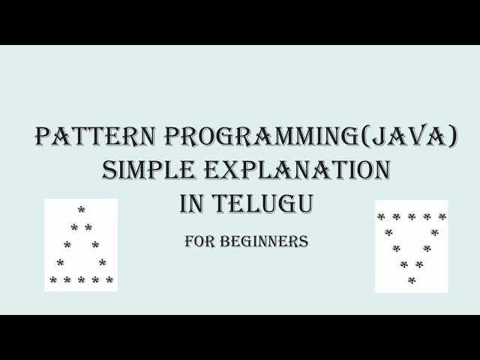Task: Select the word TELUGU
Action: (x=261, y=203)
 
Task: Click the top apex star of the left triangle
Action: (x=81, y=210)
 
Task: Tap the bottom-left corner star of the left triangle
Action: (x=53, y=280)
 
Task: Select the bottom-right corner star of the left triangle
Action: (x=109, y=280)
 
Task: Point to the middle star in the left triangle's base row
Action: (x=81, y=280)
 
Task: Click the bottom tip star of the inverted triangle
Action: (x=411, y=280)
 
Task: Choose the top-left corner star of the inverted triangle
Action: (x=381, y=217)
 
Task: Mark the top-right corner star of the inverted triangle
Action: (x=442, y=217)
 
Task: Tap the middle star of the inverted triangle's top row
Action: (x=412, y=217)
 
